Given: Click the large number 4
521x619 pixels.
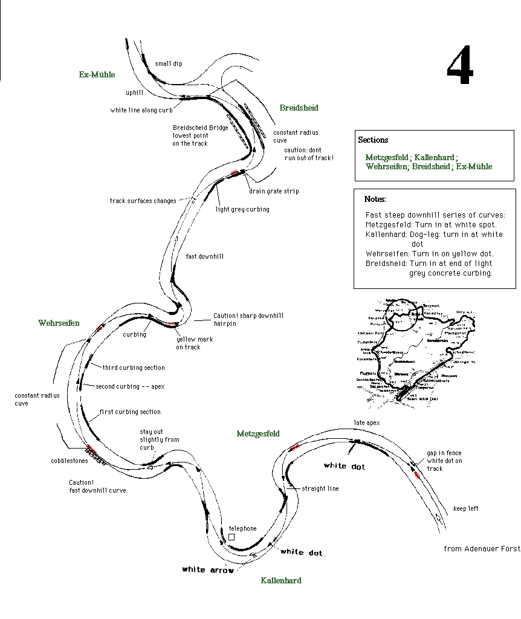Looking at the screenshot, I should pyautogui.click(x=459, y=67).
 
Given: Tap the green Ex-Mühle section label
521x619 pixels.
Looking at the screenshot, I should pyautogui.click(x=97, y=75).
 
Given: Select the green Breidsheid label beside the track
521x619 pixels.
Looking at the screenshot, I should pyautogui.click(x=299, y=108).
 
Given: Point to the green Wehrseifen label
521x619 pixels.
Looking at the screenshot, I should pyautogui.click(x=59, y=323).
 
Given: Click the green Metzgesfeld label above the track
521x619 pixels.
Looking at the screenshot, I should pyautogui.click(x=258, y=433).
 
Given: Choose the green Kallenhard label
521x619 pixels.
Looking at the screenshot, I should pyautogui.click(x=281, y=580).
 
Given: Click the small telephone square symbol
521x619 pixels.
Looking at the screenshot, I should pyautogui.click(x=231, y=537).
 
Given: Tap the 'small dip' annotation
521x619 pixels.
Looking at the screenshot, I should pyautogui.click(x=168, y=63).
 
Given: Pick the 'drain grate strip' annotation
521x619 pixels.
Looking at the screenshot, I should pyautogui.click(x=274, y=191).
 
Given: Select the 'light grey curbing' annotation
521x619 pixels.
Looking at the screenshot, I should pyautogui.click(x=242, y=209).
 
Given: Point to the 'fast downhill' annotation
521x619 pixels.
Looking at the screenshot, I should pyautogui.click(x=205, y=256).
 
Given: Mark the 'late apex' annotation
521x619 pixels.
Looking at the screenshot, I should pyautogui.click(x=367, y=423).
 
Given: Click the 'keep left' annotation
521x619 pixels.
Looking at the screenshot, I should pyautogui.click(x=465, y=508).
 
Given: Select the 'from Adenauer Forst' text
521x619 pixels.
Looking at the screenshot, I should pyautogui.click(x=481, y=549).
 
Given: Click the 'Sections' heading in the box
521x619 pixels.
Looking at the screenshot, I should pyautogui.click(x=373, y=140).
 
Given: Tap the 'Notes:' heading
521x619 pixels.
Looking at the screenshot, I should pyautogui.click(x=375, y=199).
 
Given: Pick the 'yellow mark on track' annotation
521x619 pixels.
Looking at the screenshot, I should pyautogui.click(x=195, y=343).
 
